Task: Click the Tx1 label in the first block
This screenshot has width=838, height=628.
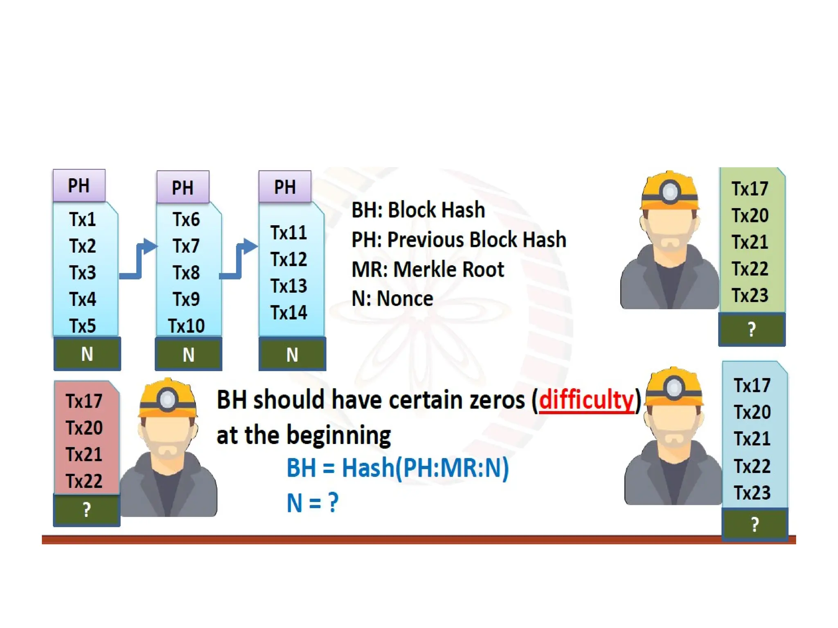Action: point(82,220)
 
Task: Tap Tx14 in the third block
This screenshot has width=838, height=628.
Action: point(289,313)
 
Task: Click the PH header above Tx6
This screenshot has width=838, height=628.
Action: point(182,188)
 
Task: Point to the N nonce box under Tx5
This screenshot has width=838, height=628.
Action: point(87,354)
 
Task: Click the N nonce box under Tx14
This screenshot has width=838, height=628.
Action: point(292,354)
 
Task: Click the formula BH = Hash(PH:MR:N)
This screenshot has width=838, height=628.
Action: point(397,468)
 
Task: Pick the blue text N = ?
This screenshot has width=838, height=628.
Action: point(313,502)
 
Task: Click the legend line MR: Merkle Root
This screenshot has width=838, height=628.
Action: point(428,269)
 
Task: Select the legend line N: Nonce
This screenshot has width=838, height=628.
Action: point(392,298)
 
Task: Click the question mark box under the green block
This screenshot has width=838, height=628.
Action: point(752,330)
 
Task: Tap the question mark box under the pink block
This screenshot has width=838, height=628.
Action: point(86,510)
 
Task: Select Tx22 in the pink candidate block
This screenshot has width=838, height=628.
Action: point(84,481)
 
